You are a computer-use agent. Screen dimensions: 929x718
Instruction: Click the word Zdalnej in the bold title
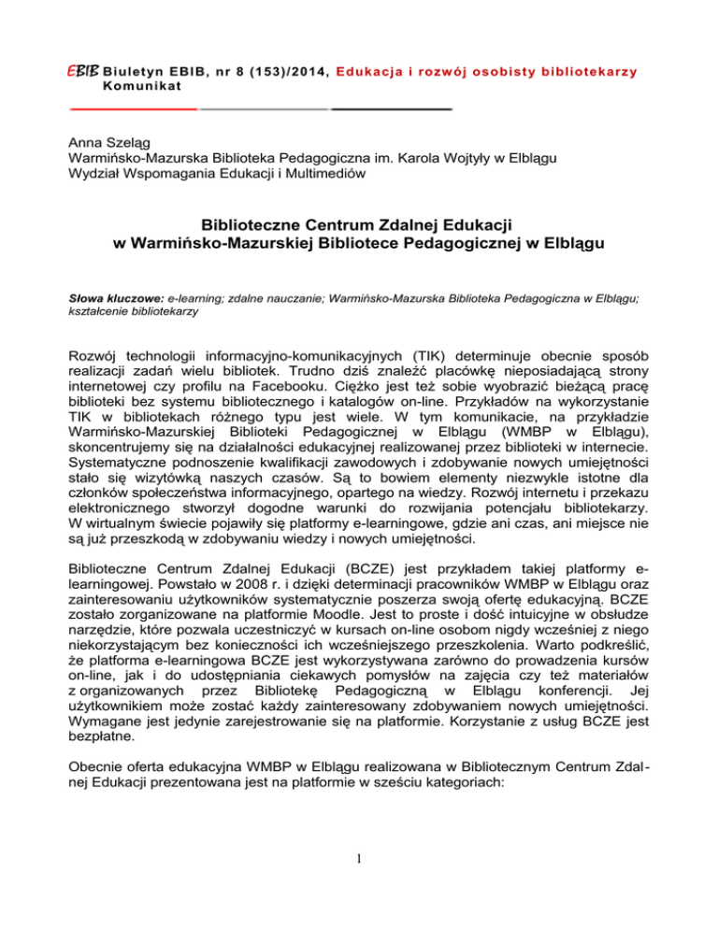[388, 224]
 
